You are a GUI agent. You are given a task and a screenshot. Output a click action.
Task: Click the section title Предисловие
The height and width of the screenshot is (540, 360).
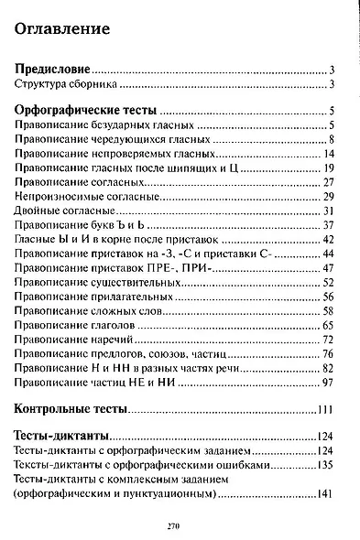(54, 70)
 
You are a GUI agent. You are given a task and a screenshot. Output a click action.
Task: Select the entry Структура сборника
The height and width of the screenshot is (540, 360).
(66, 85)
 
